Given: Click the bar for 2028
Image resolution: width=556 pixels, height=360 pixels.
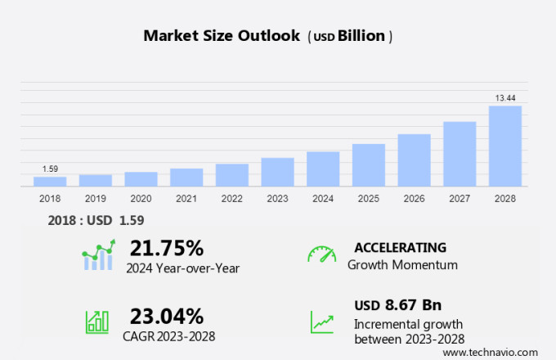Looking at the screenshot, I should tap(505, 146).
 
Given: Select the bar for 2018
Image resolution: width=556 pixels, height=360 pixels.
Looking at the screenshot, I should tap(50, 182).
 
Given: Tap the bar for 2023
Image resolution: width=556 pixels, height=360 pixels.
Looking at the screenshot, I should tap(277, 172).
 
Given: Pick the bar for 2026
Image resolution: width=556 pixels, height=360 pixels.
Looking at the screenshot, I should tap(414, 160).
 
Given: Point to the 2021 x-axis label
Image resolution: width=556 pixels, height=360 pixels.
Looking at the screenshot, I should tap(186, 199).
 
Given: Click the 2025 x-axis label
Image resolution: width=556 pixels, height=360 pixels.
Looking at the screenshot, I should tap(369, 199).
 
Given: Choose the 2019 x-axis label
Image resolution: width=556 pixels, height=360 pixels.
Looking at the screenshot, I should tap(96, 199).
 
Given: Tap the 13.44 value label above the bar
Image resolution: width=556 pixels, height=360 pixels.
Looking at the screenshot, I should tap(505, 98).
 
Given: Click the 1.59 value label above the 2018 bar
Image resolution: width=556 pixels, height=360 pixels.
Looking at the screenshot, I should tap(50, 169).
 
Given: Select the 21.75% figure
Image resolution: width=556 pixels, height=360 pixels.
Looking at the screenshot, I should tap(166, 248).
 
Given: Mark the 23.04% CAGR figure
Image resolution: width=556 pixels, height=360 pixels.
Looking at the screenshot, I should tap(167, 315).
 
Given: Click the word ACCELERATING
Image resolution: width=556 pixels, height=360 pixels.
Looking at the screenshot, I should tap(400, 247).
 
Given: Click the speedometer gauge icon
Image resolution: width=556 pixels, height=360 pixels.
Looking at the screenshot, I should tap(321, 254).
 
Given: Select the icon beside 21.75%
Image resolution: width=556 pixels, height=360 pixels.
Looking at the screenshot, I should tap(97, 256).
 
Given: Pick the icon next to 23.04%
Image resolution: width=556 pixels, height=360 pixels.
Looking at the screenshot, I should tap(97, 321).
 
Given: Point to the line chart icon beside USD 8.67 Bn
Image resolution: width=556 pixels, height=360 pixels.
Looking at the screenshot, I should tap(321, 321).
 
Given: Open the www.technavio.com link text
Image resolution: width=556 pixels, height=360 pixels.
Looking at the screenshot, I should tap(495, 352).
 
